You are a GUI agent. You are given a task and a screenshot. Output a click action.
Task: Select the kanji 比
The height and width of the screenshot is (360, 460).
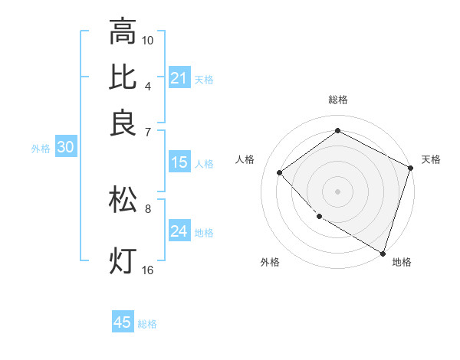pyautogui.click(x=123, y=77)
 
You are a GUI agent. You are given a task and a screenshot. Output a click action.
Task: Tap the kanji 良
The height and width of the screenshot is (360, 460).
pyautogui.click(x=123, y=123)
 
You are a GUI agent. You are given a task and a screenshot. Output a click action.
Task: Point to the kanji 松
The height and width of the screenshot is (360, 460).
pyautogui.click(x=123, y=199)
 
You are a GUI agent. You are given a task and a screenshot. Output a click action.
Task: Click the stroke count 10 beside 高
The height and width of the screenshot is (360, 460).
pyautogui.click(x=148, y=40)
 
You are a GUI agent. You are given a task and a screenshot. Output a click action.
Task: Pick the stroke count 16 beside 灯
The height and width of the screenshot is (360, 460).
pyautogui.click(x=148, y=270)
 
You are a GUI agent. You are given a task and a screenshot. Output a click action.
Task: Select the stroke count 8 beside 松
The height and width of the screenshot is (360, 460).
pyautogui.click(x=148, y=208)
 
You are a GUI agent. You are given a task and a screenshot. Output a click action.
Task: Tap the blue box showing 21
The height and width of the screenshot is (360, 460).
pyautogui.click(x=179, y=77)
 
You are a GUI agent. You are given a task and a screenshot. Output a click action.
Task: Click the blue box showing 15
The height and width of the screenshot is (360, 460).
pyautogui.click(x=179, y=162)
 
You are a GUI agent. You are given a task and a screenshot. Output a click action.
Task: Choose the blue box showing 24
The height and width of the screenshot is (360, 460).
pyautogui.click(x=179, y=231)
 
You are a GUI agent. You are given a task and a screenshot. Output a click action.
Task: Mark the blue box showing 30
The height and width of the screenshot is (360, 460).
pyautogui.click(x=65, y=148)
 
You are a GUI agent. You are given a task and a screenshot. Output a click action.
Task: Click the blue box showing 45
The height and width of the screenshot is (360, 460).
pyautogui.click(x=123, y=322)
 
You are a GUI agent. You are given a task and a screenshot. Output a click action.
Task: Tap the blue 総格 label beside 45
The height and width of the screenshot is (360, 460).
pyautogui.click(x=147, y=324)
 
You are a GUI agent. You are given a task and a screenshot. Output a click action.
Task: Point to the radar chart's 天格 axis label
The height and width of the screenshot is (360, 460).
pyautogui.click(x=431, y=159)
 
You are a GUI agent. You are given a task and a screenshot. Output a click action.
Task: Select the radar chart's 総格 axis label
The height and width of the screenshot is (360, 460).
pyautogui.click(x=338, y=100)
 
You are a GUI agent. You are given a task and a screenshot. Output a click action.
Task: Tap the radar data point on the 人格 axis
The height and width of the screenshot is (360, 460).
pyautogui.click(x=280, y=173)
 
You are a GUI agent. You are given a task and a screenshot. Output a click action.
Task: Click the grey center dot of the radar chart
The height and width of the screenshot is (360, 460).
pyautogui.click(x=338, y=191)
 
